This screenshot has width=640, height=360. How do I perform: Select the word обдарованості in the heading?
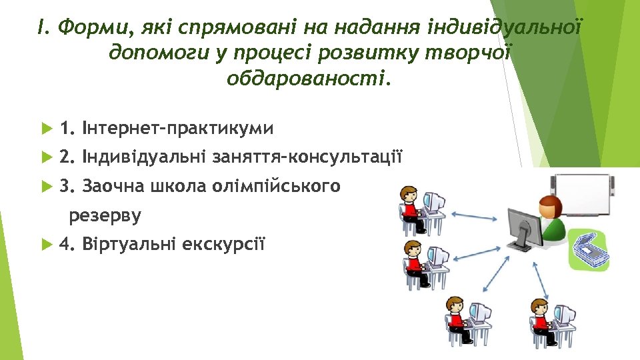click(306, 79)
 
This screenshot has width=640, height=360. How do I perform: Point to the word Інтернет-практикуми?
click(177, 128)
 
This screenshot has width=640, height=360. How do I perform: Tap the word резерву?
click(105, 215)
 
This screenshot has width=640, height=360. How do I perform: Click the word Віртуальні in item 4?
click(127, 244)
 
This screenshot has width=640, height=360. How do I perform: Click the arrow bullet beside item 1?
click(45, 128)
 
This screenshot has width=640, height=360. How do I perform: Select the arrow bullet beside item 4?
click(45, 244)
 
